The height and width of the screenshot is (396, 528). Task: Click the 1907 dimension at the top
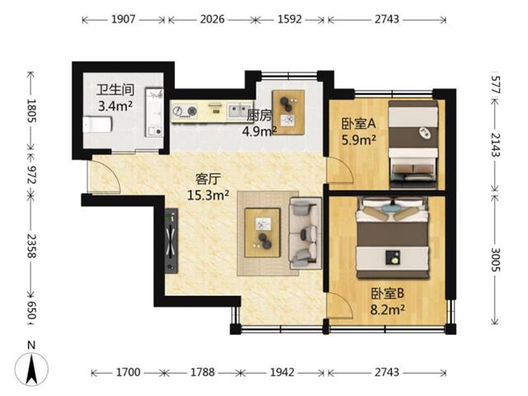pos(123,19)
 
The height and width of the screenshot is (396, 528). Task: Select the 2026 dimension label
pos(212,19)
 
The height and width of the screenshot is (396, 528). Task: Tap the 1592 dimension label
pos(290,19)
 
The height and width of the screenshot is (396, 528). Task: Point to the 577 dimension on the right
pos(495,84)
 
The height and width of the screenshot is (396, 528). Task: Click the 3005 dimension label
pos(495,260)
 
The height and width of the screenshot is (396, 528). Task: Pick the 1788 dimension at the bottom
pos(203,372)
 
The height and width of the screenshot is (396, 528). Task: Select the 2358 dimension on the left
pos(31,246)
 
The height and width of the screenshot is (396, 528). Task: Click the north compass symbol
pos(31,365)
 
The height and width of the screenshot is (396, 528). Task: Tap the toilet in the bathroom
pos(97,125)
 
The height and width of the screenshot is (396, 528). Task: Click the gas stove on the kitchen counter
pos(184,111)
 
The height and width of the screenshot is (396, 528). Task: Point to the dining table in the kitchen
pos(288,112)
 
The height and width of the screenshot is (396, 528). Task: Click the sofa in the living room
pos(305,233)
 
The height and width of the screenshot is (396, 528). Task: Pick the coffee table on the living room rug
pos(262,233)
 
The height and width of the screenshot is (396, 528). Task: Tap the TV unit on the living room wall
pos(171,240)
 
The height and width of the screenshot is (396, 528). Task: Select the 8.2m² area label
pos(387,309)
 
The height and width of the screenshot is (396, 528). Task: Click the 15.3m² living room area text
pos(208,195)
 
